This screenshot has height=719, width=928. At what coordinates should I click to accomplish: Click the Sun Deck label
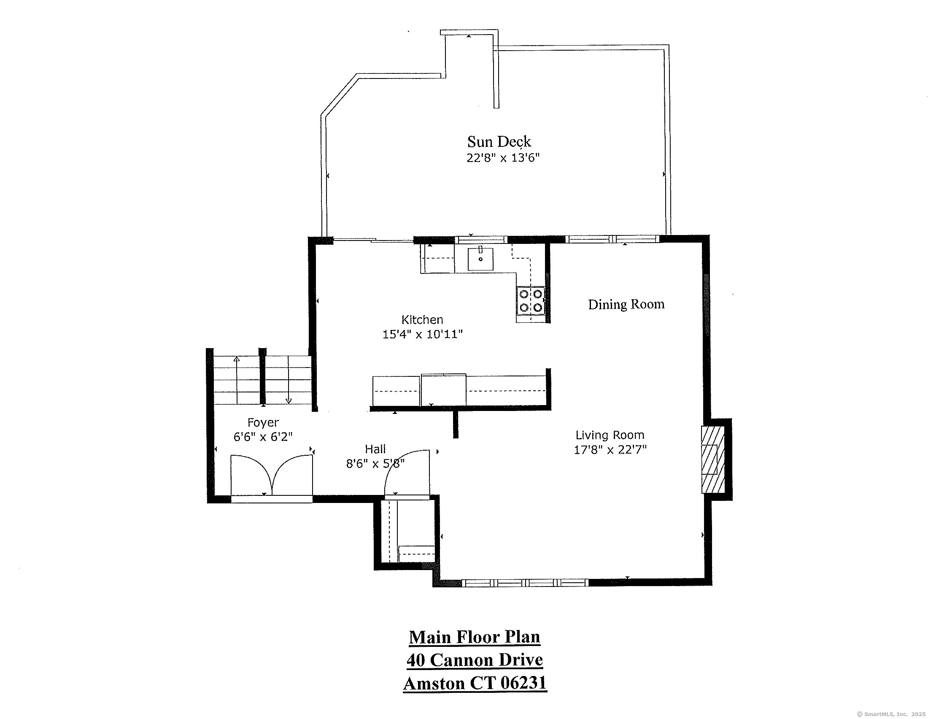tap(499, 141)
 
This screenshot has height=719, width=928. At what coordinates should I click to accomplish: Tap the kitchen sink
tap(480, 259)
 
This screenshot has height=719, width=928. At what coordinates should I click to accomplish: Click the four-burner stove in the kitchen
tap(531, 300)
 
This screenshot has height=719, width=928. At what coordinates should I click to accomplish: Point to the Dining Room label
tap(626, 304)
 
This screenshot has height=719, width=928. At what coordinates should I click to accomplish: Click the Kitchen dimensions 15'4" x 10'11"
tap(422, 335)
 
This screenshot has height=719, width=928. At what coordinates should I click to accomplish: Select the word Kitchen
tap(422, 319)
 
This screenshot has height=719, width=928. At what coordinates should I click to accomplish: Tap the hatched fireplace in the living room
tap(712, 460)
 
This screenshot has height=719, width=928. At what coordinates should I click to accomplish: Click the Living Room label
tap(610, 435)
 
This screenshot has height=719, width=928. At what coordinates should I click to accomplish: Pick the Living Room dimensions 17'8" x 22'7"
tap(610, 450)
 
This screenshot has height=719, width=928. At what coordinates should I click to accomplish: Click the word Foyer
tap(263, 422)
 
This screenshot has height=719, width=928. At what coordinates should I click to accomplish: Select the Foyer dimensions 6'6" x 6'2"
tap(263, 437)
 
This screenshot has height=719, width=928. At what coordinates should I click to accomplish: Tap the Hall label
tap(375, 449)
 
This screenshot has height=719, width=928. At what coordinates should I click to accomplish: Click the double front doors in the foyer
tap(272, 475)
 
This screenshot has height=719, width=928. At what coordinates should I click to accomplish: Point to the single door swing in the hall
tap(407, 473)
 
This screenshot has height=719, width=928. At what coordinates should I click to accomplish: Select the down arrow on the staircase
tap(289, 400)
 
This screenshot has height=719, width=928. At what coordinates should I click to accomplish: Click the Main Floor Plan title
tap(474, 637)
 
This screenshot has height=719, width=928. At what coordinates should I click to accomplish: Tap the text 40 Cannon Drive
tap(474, 660)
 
